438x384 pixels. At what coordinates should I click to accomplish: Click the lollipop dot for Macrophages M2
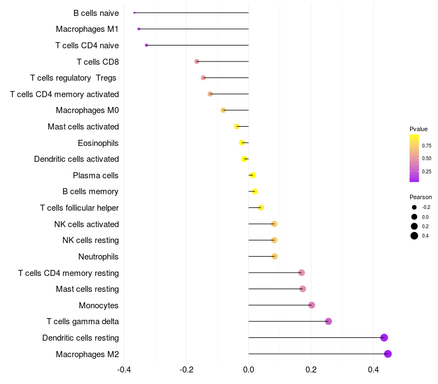(388, 354)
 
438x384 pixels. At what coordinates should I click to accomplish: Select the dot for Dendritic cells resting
(384, 338)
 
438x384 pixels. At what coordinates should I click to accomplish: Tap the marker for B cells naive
(134, 13)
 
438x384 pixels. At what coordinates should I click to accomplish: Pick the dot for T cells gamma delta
(328, 321)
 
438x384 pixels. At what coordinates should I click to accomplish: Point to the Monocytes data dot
(312, 305)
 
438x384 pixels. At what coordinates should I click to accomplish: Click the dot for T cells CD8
(197, 61)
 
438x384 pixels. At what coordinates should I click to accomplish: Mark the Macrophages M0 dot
(223, 110)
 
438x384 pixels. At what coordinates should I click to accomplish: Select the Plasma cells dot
(252, 176)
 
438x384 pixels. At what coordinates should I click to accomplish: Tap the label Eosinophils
(99, 143)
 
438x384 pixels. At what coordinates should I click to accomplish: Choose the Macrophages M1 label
(87, 29)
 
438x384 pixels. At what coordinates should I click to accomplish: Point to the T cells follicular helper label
(79, 208)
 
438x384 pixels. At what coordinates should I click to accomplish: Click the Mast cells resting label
(88, 289)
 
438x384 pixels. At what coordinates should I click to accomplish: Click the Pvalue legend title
(418, 129)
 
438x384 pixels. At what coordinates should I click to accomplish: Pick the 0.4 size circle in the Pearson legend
(414, 236)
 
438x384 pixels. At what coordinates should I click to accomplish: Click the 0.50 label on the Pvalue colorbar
(427, 159)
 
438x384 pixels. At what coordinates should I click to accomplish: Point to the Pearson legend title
(420, 197)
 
